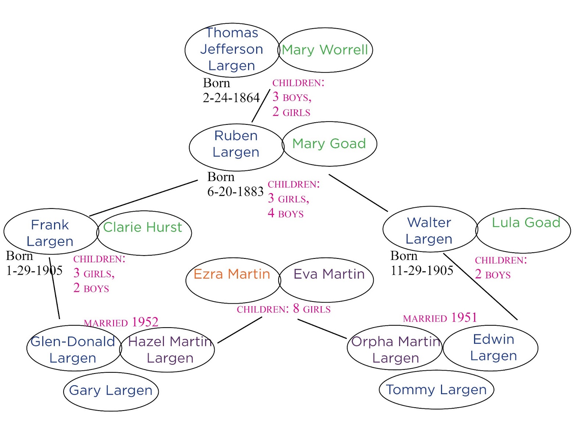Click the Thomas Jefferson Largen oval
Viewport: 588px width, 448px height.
click(232, 50)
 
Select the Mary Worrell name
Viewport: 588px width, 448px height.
click(325, 50)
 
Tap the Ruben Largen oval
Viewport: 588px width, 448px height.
click(236, 147)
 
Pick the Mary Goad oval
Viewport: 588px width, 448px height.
click(329, 144)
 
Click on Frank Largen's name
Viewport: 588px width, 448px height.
click(50, 233)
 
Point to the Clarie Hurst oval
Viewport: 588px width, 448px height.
click(144, 233)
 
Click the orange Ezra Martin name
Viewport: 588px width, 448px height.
click(232, 274)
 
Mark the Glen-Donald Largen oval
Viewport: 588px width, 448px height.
click(73, 348)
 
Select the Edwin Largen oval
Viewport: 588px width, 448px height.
click(491, 348)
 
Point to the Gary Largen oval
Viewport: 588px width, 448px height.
click(111, 391)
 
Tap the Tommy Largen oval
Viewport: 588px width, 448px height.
click(436, 390)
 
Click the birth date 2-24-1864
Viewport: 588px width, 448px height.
click(231, 98)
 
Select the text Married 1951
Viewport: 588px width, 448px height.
click(440, 318)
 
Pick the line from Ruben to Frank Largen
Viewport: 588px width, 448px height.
click(143, 198)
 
